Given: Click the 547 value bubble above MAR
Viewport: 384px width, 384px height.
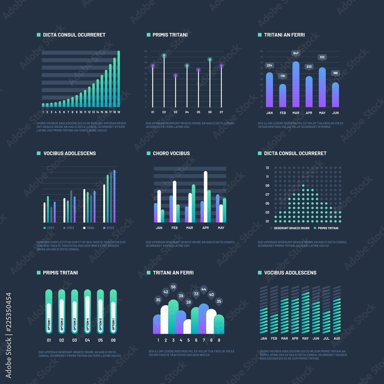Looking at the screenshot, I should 296,53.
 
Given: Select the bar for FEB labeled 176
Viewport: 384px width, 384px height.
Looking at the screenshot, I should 283,96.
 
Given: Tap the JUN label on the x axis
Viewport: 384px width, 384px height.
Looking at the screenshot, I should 335,113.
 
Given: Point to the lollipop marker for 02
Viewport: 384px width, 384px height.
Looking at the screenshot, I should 164,56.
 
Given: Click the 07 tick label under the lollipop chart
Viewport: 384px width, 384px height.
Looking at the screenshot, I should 221,113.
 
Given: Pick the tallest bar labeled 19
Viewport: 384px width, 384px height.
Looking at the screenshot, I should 119,79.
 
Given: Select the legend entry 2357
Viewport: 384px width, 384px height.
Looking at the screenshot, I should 49,228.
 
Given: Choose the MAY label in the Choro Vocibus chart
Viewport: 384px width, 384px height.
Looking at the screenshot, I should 221,228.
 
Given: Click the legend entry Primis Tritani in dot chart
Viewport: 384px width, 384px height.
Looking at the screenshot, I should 326,228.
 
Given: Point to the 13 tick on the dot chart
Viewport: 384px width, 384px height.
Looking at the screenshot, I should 267,168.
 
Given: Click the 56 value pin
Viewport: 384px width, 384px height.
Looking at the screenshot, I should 173,287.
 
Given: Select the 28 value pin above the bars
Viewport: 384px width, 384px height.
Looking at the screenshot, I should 189,302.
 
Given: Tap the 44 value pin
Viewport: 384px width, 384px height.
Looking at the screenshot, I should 204,289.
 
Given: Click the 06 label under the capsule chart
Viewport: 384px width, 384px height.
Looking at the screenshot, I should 113,340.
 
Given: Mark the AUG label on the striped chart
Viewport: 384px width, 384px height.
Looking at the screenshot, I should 337,338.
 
